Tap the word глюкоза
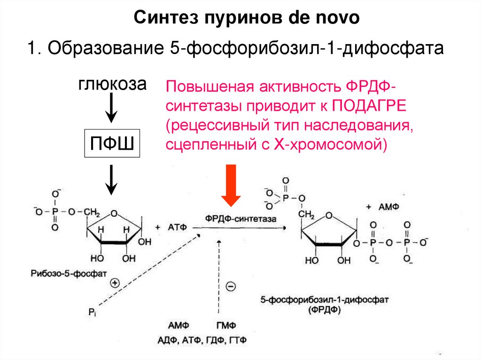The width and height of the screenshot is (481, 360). (x=112, y=84)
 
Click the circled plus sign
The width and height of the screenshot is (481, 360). (x=115, y=283)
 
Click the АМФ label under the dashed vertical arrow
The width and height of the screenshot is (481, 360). (x=178, y=326)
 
